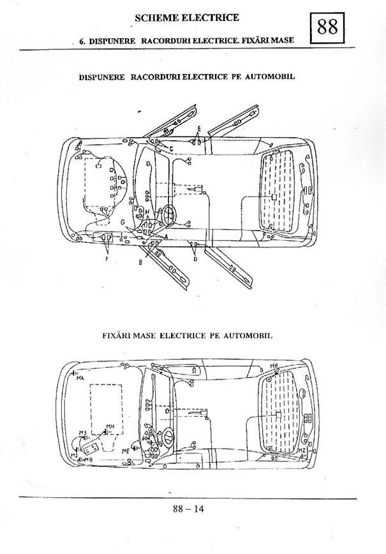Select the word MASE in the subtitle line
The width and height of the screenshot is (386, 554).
[281, 40]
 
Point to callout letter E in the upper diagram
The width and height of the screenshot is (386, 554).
[200, 129]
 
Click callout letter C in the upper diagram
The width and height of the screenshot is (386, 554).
[171, 148]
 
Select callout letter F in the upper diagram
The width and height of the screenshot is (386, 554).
[107, 259]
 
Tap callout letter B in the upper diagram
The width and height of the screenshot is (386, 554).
[140, 262]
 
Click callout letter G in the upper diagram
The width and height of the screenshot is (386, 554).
[122, 221]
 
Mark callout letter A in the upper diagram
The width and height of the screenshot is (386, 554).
[167, 235]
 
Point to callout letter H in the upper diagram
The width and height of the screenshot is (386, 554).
[147, 212]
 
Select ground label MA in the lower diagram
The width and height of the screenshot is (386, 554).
[80, 379]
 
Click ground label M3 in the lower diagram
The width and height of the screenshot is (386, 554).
[82, 433]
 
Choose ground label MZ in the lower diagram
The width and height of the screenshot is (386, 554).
[302, 450]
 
